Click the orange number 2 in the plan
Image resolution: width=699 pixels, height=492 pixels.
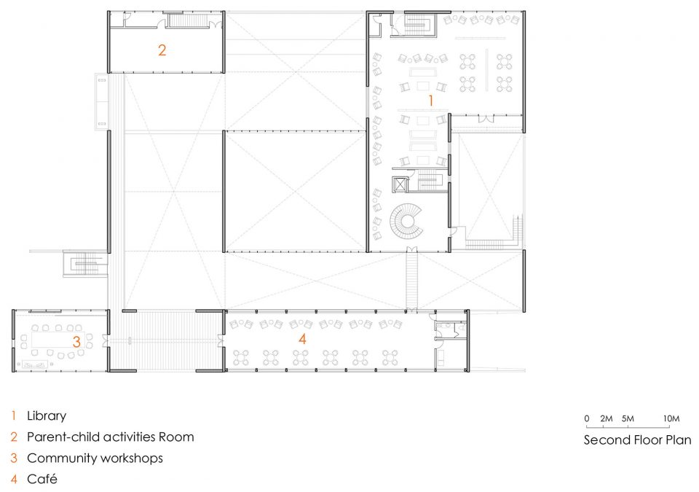coord(162,50)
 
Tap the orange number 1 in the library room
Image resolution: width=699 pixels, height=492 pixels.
coord(430,101)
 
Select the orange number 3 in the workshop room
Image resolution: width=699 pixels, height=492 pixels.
coord(76,342)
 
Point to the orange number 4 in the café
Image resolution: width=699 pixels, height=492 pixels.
coord(302,339)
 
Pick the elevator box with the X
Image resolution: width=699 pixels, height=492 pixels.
coord(400,184)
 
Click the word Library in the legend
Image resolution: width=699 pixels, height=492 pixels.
coord(47,416)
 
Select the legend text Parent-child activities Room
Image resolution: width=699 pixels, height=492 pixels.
coord(111,437)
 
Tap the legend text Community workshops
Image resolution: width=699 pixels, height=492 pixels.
coord(95,458)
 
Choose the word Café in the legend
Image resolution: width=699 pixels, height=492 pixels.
coord(42,479)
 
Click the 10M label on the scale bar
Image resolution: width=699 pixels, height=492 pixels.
coord(671,418)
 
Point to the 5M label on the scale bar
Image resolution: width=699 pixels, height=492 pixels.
coord(628,418)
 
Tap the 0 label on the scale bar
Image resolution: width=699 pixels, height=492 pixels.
coord(587,418)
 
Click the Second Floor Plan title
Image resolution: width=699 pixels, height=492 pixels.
coord(638,440)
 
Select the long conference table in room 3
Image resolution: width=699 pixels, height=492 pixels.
coord(58,340)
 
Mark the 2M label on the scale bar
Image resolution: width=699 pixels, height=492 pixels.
coord(607,418)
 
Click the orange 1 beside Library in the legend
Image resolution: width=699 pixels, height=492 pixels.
coord(14,415)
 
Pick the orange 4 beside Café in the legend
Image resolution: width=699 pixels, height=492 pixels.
coord(15,479)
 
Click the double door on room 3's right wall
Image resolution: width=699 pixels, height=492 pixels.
coord(105,340)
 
